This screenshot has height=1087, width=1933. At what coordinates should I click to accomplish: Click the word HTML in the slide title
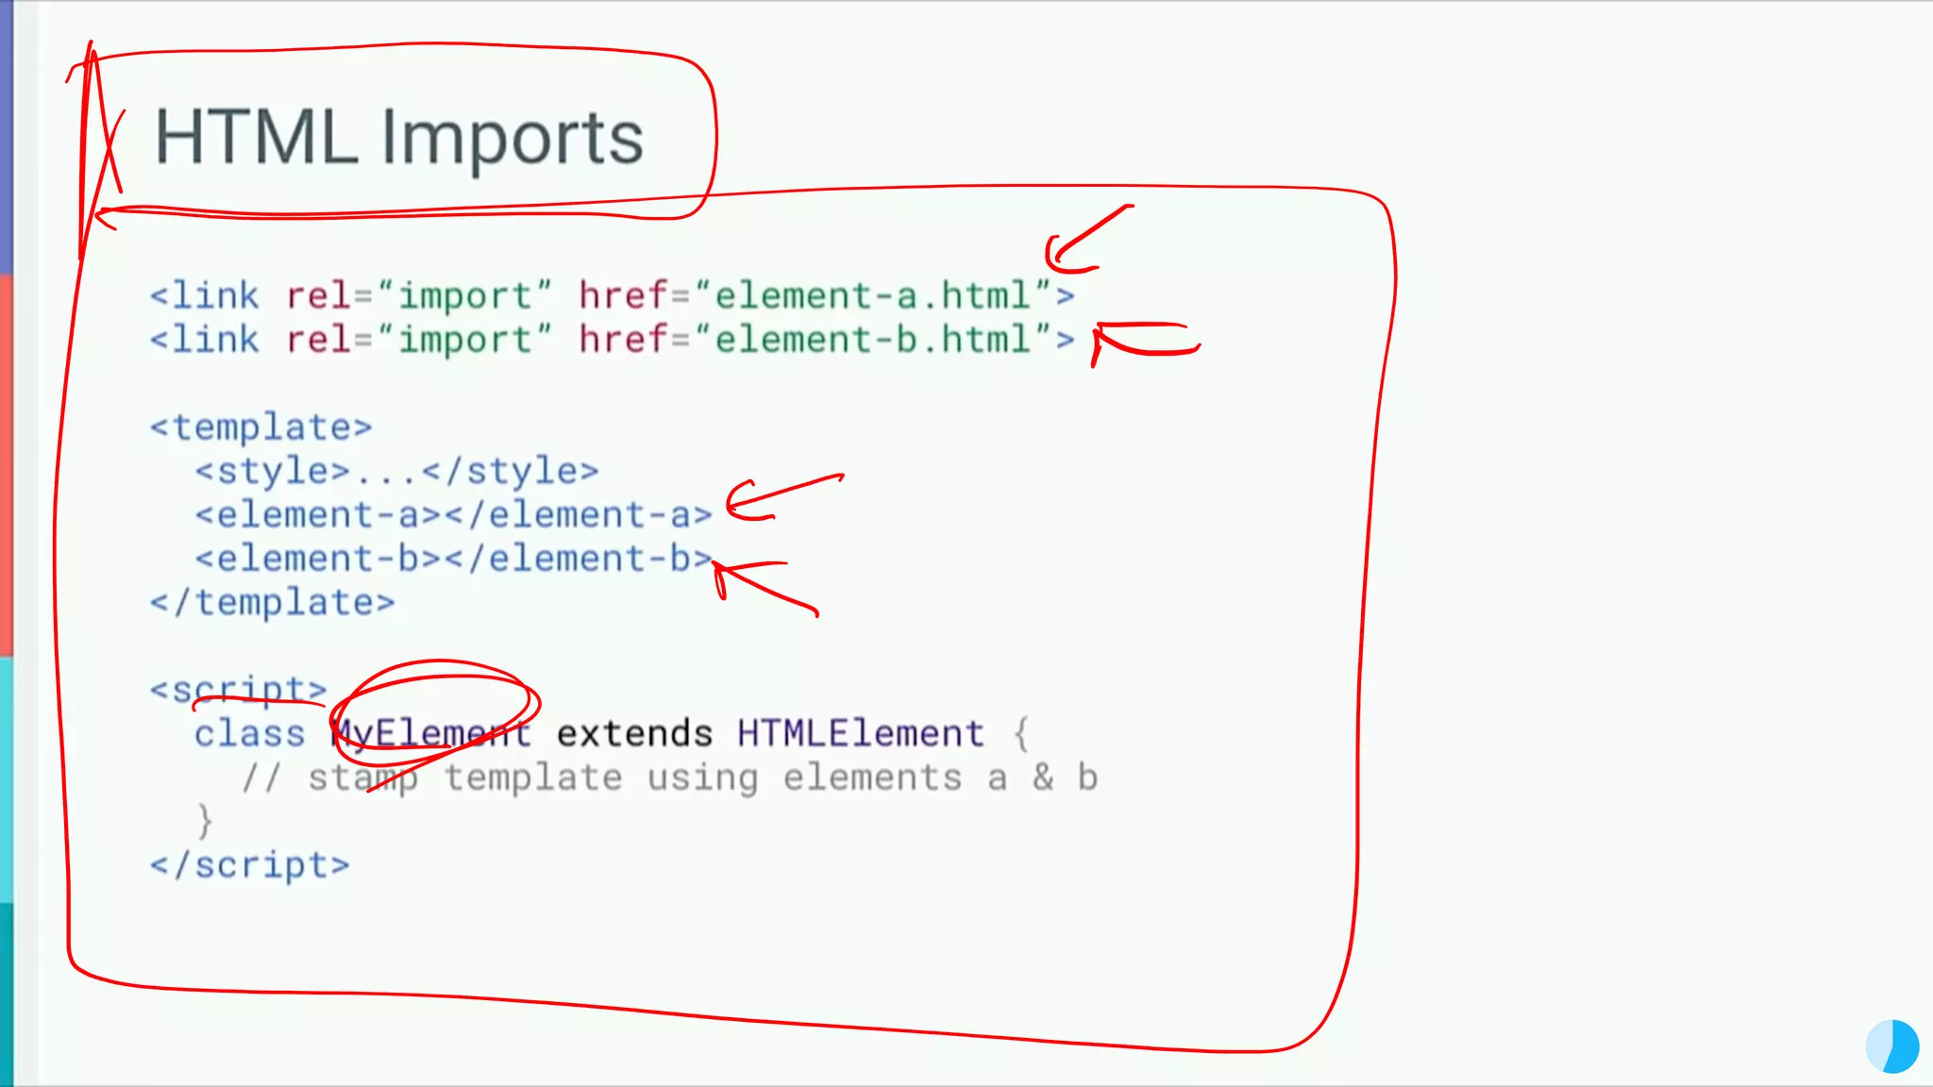pyautogui.click(x=256, y=138)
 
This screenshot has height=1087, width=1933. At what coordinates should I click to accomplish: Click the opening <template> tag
pyautogui.click(x=261, y=427)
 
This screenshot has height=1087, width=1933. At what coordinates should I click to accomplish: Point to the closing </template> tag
pyautogui.click(x=272, y=603)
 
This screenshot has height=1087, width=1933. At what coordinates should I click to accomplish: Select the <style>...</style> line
pyautogui.click(x=396, y=471)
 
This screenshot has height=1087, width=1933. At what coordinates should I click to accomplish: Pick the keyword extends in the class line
pyautogui.click(x=634, y=733)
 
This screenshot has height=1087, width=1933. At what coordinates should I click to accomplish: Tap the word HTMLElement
pyautogui.click(x=861, y=733)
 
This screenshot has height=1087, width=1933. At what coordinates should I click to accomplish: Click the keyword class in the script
pyautogui.click(x=249, y=733)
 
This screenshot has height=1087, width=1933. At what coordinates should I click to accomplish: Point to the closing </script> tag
pyautogui.click(x=249, y=865)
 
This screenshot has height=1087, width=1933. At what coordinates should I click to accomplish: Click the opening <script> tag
pyautogui.click(x=238, y=690)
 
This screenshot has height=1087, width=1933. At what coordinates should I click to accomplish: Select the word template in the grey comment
pyautogui.click(x=533, y=778)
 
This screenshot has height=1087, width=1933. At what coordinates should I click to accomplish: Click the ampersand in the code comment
pyautogui.click(x=1043, y=778)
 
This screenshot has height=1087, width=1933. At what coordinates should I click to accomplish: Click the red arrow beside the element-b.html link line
pyautogui.click(x=1142, y=339)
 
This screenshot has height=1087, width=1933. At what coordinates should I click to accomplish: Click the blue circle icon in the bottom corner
pyautogui.click(x=1892, y=1045)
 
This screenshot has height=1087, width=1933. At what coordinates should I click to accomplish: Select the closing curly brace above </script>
pyautogui.click(x=204, y=821)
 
